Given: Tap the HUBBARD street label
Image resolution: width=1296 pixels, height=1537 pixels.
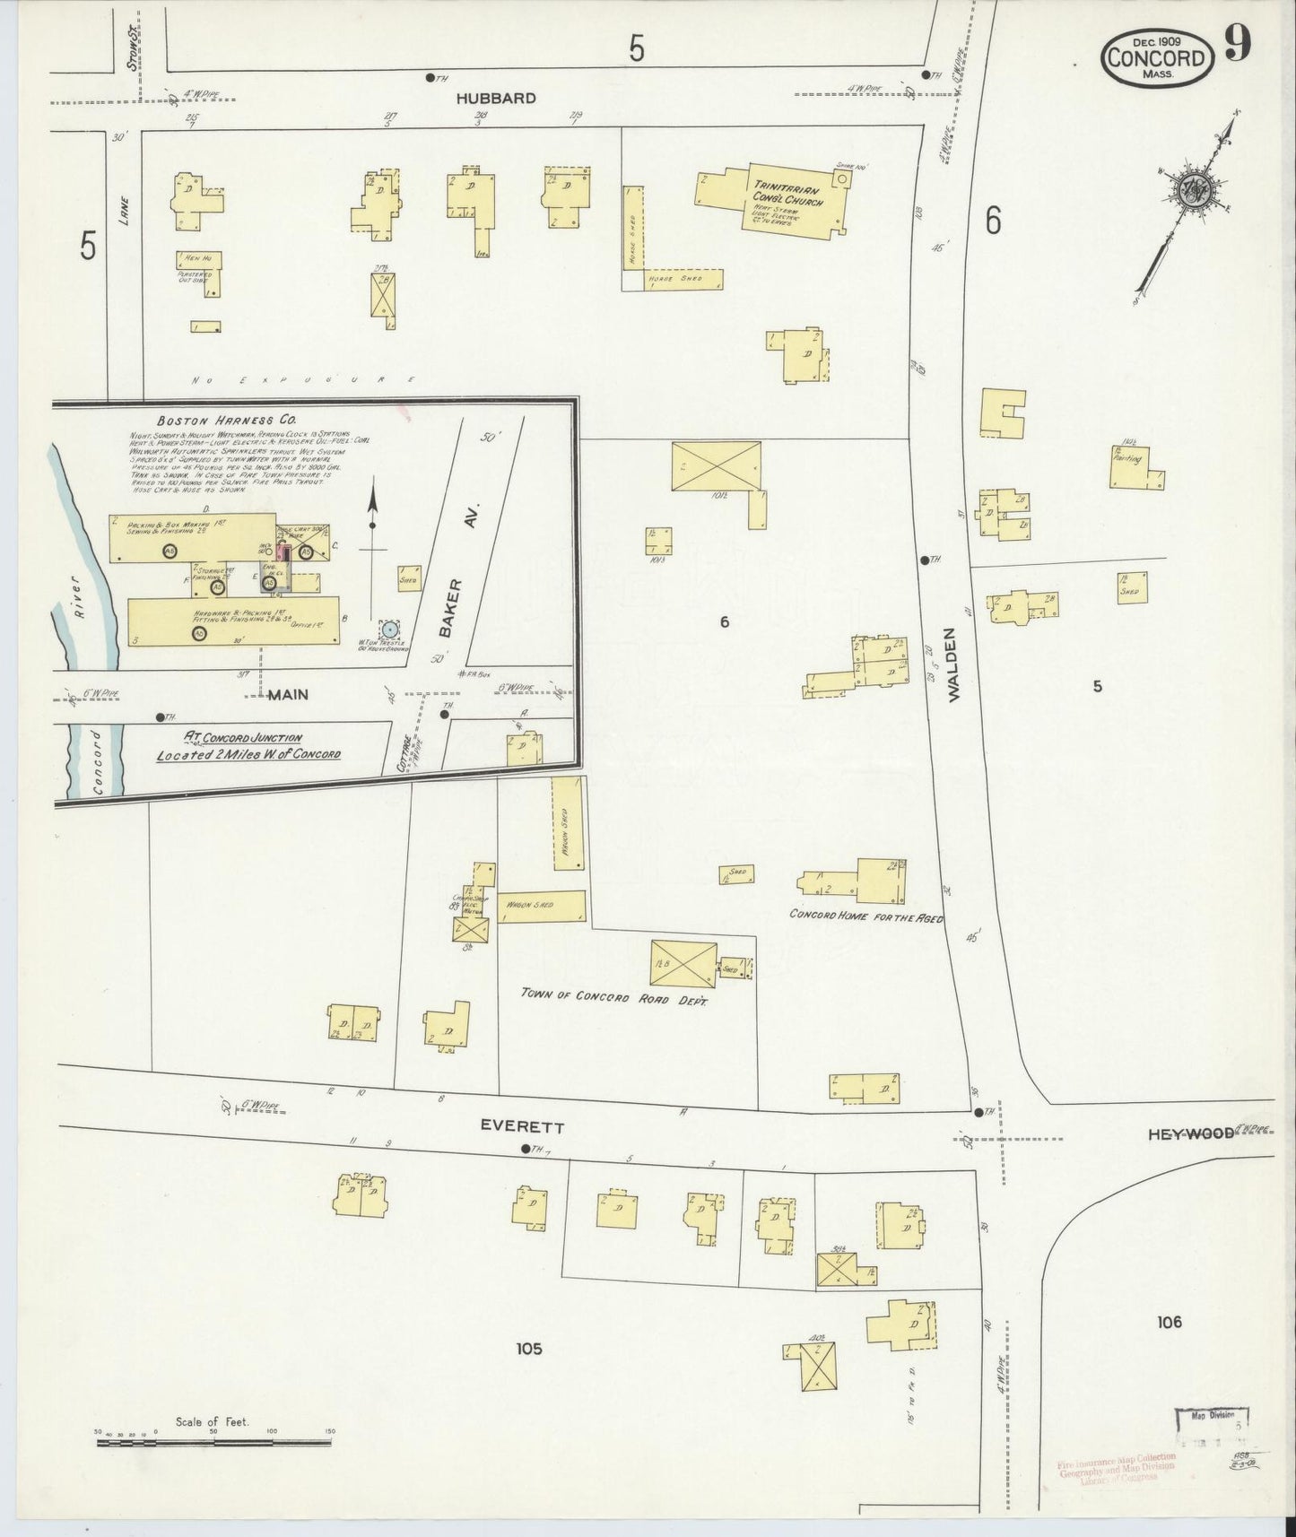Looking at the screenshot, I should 495,99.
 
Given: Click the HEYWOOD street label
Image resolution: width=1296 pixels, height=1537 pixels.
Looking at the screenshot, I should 1189,1134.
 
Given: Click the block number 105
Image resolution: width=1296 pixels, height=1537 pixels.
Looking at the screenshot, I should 528,1348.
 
